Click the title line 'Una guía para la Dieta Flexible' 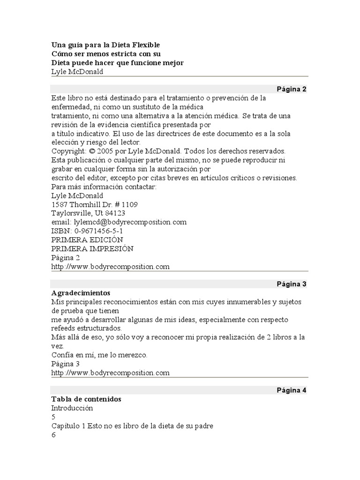coord(105,45)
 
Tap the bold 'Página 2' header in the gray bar coord(291,89)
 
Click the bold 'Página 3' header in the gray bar coord(291,284)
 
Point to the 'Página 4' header coord(291,390)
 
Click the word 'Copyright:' coord(68,151)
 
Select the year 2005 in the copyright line coord(105,151)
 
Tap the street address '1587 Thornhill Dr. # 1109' coord(94,204)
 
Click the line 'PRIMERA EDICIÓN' coord(90,240)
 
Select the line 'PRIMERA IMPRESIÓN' coord(92,249)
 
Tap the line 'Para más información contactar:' coord(104,187)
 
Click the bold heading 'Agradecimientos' coord(80,292)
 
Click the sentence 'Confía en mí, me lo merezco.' coord(99,355)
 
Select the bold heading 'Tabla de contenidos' coord(86,399)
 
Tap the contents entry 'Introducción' coord(72,408)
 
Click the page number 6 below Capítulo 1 coord(53,435)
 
